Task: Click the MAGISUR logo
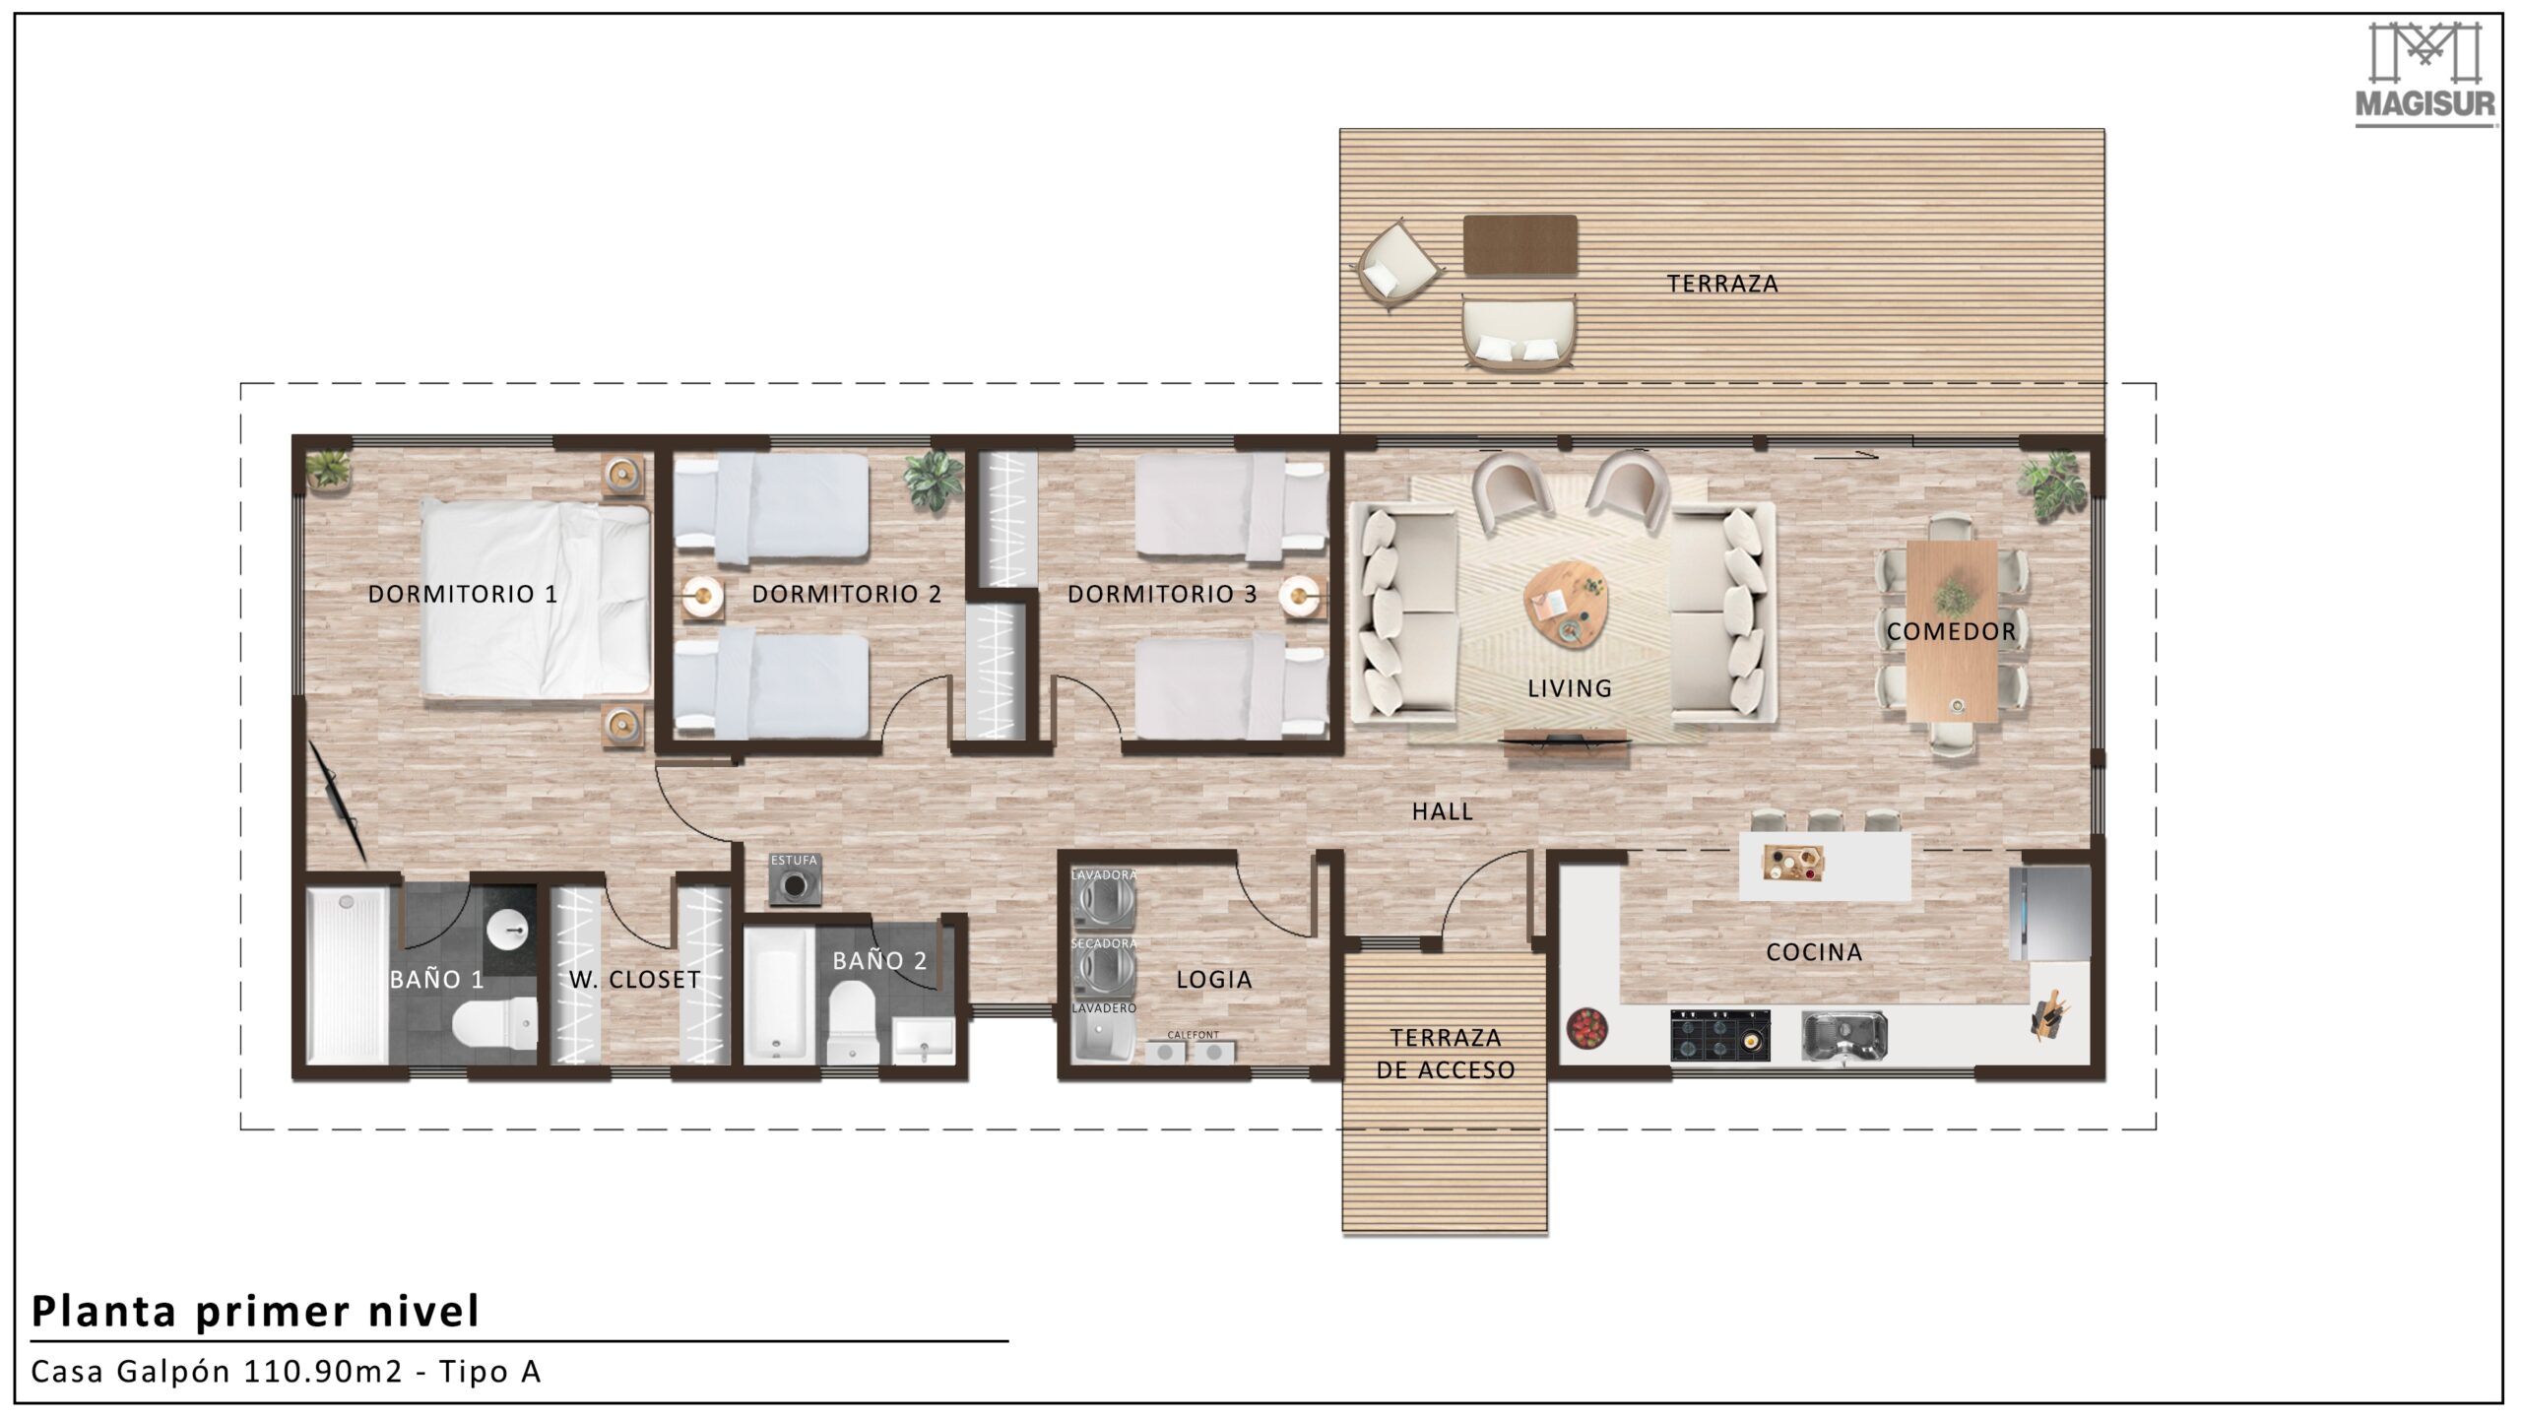pos(2424,75)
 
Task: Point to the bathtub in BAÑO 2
pos(779,995)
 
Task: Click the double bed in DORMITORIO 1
pos(536,598)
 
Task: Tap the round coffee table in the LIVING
pos(1568,604)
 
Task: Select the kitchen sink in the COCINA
pos(1843,1037)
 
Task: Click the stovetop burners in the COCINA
pos(1719,1035)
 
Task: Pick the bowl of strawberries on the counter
pos(1586,1029)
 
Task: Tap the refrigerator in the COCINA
pos(2049,913)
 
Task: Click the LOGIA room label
pos(1214,980)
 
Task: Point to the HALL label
pos(1443,811)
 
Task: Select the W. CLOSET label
pos(635,980)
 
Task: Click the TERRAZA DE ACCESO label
pos(1446,1054)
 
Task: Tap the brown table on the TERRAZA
pos(1519,245)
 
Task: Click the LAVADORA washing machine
pos(1104,900)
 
